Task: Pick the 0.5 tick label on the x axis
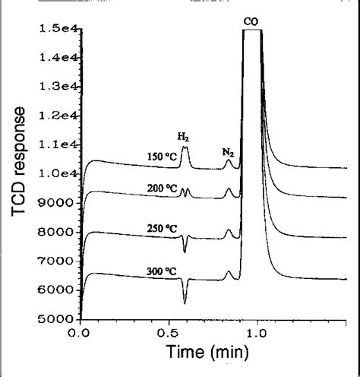[x=169, y=333]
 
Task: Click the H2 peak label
[x=184, y=137]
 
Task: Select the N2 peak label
[x=228, y=153]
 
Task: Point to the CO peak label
[x=251, y=22]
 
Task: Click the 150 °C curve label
[x=161, y=157]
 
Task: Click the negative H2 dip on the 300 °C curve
[x=185, y=299]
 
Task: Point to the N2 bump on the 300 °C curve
[x=228, y=271]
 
